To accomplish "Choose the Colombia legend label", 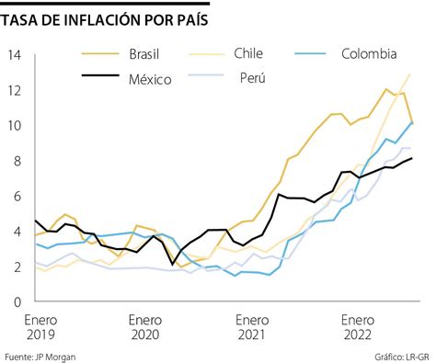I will pyautogui.click(x=369, y=53).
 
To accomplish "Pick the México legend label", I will pyautogui.click(x=149, y=79).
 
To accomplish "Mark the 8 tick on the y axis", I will pyautogui.click(x=16, y=160).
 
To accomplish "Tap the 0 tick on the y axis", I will pyautogui.click(x=16, y=301).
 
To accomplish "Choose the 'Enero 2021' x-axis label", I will pyautogui.click(x=251, y=326).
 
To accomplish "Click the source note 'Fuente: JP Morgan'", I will pyautogui.click(x=42, y=355).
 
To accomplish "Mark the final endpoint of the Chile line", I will pyautogui.click(x=409, y=74).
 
